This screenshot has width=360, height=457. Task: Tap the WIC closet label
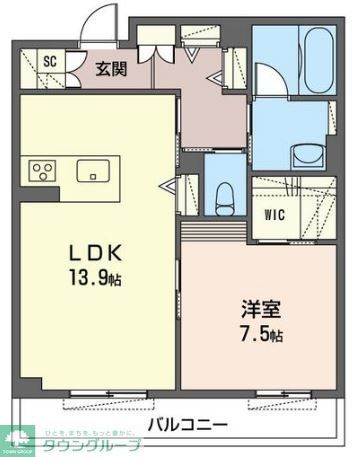pyautogui.click(x=275, y=213)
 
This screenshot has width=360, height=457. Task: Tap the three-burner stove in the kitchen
pyautogui.click(x=44, y=169)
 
